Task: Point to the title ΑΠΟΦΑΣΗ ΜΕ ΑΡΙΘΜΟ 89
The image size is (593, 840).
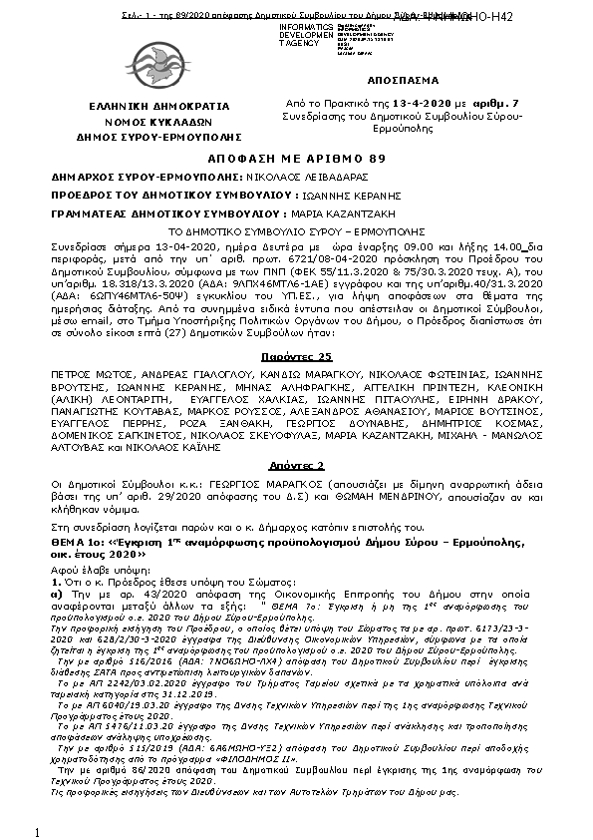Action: pos(296,159)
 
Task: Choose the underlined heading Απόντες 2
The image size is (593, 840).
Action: pos(296,466)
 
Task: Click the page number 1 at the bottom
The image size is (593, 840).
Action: pos(36,831)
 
